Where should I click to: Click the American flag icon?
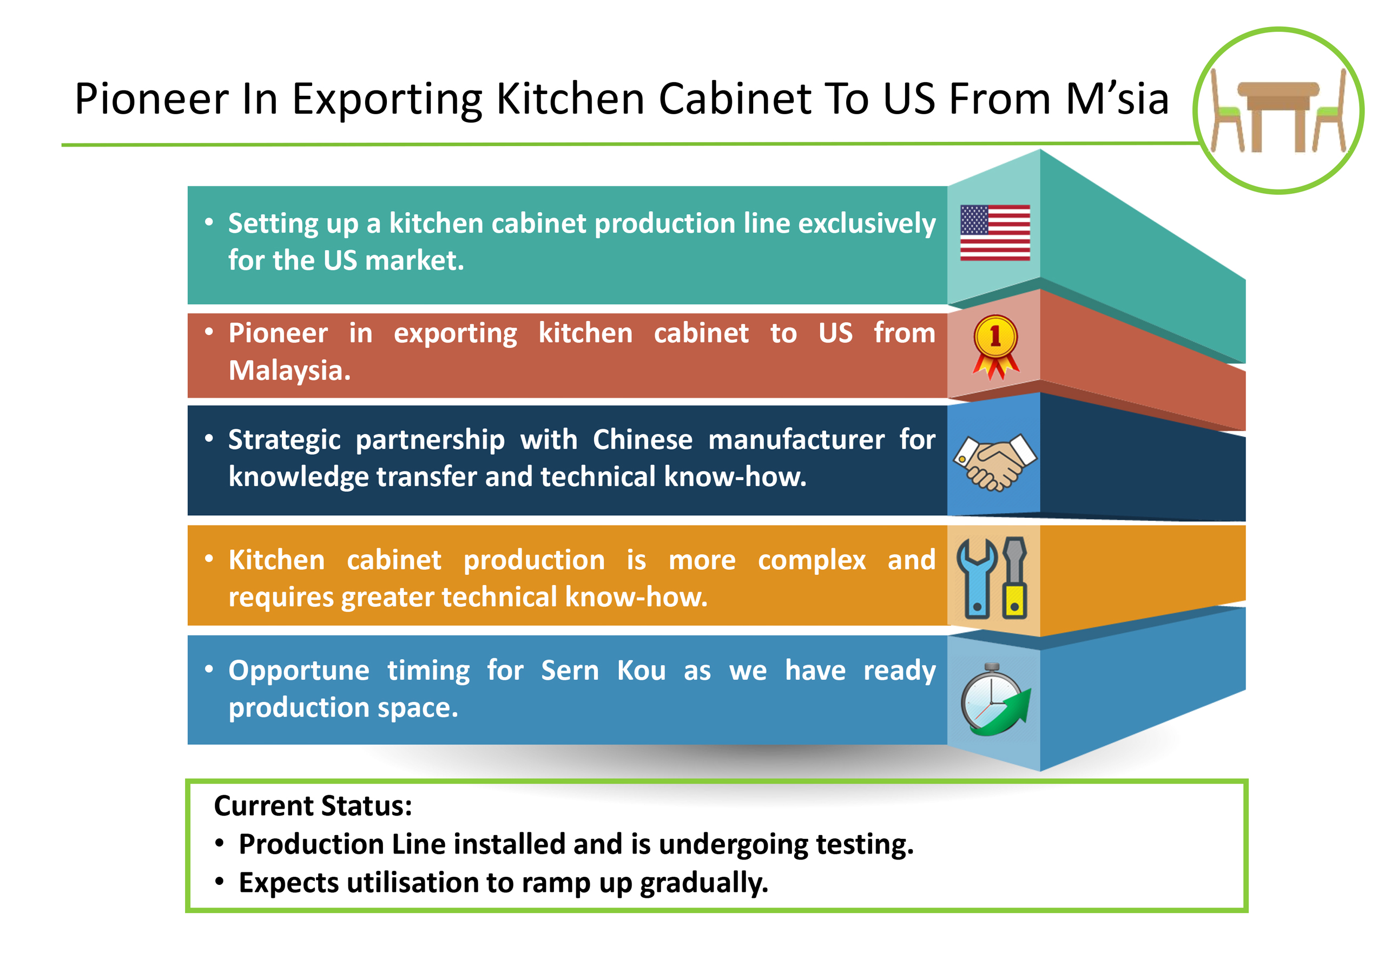[995, 232]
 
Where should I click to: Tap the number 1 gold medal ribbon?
[995, 347]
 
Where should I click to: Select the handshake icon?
[995, 462]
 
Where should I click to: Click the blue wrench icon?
[977, 578]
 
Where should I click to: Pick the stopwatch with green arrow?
[995, 699]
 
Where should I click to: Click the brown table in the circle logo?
[1278, 115]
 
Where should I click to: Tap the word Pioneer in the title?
[151, 99]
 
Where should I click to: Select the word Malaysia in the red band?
[289, 370]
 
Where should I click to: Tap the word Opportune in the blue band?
[299, 671]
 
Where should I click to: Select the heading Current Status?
[313, 805]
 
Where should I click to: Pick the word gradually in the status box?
[704, 883]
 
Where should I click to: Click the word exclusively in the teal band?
[867, 224]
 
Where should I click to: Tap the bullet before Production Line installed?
[220, 843]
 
